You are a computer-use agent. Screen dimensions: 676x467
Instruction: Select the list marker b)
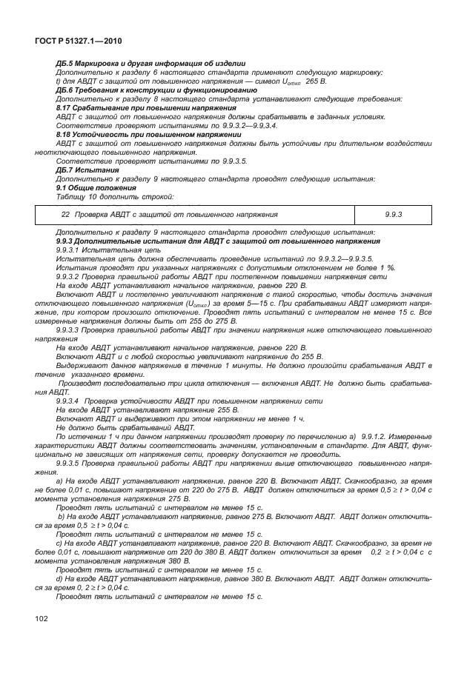(60, 516)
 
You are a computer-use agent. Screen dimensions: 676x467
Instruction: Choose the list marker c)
(59, 543)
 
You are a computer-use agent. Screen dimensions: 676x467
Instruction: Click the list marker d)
(59, 579)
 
